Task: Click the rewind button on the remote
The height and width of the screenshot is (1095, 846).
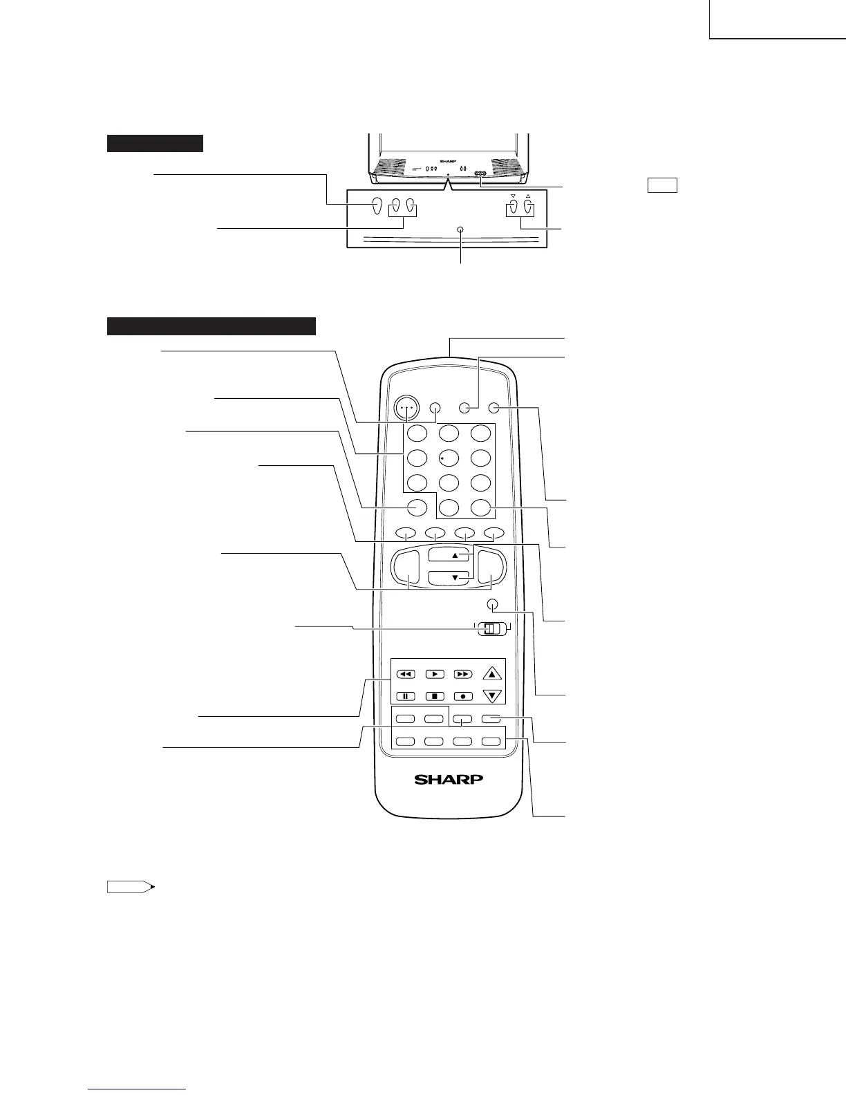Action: coord(405,673)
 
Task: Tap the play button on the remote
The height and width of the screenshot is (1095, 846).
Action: coord(434,673)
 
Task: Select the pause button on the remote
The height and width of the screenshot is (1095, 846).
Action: coord(405,696)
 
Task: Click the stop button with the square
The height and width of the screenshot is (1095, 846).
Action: coord(434,696)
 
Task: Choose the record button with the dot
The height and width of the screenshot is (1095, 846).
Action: coord(462,696)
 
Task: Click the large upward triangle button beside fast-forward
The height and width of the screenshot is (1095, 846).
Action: coord(491,673)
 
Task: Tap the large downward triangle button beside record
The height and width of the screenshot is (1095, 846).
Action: coord(491,696)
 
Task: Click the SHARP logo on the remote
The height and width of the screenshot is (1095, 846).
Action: coord(449,779)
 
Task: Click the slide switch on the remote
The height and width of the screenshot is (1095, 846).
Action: coord(490,628)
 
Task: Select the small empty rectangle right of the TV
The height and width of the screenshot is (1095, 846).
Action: coord(661,185)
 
